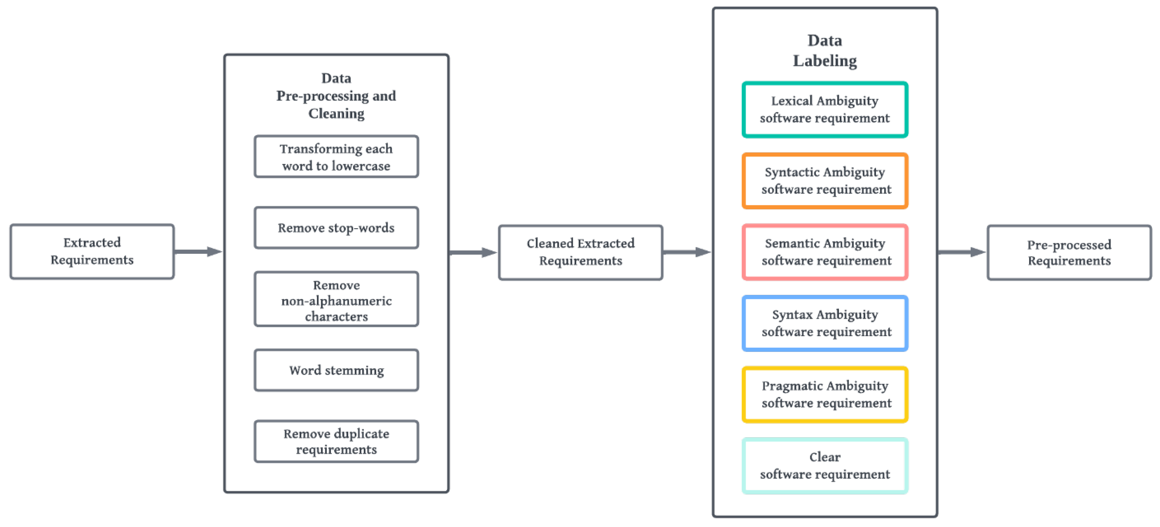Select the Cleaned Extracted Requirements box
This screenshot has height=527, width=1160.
pyautogui.click(x=580, y=252)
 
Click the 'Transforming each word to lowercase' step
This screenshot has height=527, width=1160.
pyautogui.click(x=336, y=157)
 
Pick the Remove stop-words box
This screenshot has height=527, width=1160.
pyautogui.click(x=336, y=228)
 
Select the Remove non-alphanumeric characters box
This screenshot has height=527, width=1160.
pyautogui.click(x=336, y=300)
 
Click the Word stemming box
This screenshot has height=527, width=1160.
pyautogui.click(x=336, y=370)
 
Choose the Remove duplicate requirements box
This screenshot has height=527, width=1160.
pyautogui.click(x=336, y=442)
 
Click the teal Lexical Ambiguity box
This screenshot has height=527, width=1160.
pyautogui.click(x=825, y=109)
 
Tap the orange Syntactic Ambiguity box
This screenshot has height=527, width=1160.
pyautogui.click(x=825, y=181)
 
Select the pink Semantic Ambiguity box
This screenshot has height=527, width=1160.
pyautogui.click(x=825, y=252)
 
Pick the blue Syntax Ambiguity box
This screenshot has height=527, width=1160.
pyautogui.click(x=825, y=323)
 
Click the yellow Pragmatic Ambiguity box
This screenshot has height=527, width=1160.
pyautogui.click(x=825, y=395)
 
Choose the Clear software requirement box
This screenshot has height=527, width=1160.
pyautogui.click(x=825, y=466)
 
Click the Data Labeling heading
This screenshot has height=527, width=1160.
pyautogui.click(x=825, y=50)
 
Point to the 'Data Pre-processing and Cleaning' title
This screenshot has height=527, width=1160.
pyautogui.click(x=336, y=96)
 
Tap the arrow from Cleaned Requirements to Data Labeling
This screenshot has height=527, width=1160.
pyautogui.click(x=687, y=252)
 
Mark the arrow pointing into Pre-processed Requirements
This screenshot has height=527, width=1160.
pyautogui.click(x=961, y=252)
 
